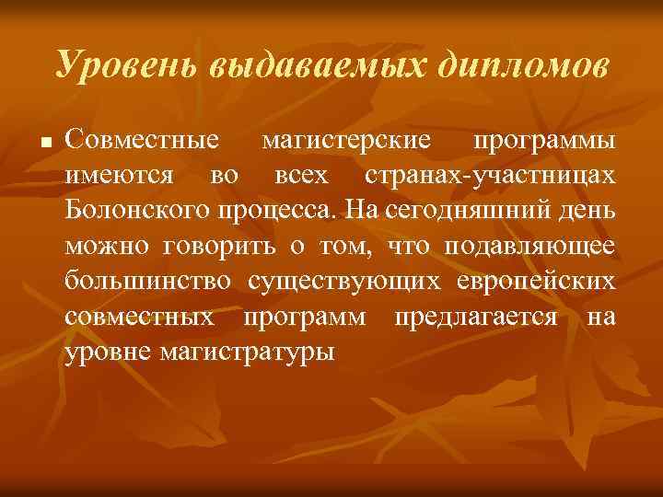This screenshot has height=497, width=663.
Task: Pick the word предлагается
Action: coord(474,316)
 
